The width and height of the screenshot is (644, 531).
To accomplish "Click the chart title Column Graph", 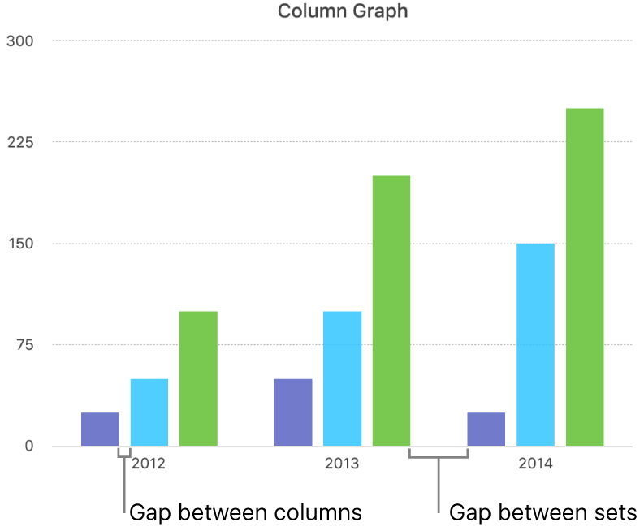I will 343,11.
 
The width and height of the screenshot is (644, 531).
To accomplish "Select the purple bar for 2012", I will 100,430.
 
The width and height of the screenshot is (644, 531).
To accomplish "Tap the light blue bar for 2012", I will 149,412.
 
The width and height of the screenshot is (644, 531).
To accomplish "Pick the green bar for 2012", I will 198,378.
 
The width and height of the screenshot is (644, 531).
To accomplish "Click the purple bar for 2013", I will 292,412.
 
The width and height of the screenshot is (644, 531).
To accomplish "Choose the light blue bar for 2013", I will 342,378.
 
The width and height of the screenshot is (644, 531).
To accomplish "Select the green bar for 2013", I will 391,311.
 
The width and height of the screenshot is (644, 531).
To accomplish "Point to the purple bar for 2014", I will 486,430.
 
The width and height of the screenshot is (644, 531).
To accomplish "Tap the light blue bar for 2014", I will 535,344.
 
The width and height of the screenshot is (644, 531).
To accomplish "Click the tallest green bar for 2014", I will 585,277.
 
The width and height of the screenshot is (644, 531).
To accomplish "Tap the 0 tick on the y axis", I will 29,447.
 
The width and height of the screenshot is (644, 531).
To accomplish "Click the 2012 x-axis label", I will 149,464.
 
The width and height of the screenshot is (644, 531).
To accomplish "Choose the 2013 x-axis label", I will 342,464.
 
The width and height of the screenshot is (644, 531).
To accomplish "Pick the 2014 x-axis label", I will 535,464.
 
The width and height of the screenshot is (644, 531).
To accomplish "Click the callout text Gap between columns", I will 245,512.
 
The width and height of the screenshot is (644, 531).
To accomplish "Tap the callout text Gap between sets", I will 542,512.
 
